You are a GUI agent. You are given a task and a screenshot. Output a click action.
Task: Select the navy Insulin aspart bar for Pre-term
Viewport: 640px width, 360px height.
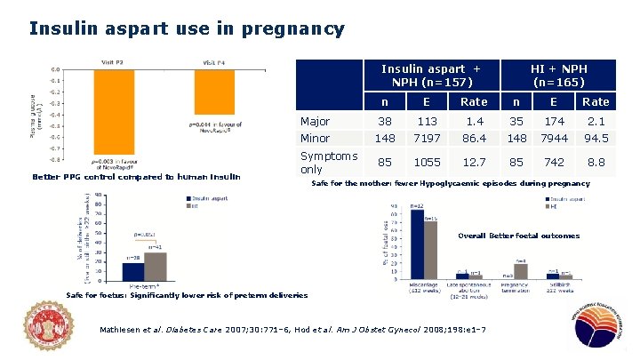[132, 269]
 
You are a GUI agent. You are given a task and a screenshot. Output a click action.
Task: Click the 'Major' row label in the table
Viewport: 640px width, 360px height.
[316, 121]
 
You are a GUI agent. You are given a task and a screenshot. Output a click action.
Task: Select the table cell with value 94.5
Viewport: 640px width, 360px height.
[596, 139]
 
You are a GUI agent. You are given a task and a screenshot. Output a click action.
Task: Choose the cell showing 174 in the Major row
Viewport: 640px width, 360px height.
[556, 121]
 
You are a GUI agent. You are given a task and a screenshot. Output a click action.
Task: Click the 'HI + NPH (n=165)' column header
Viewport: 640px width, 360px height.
[558, 76]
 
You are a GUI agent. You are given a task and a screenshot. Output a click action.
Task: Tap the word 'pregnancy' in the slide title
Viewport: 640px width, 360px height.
[298, 28]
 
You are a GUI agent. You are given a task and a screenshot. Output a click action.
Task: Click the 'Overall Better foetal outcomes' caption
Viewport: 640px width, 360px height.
[518, 236]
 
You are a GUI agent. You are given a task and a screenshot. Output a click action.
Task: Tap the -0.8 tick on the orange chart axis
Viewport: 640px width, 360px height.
[55, 160]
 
